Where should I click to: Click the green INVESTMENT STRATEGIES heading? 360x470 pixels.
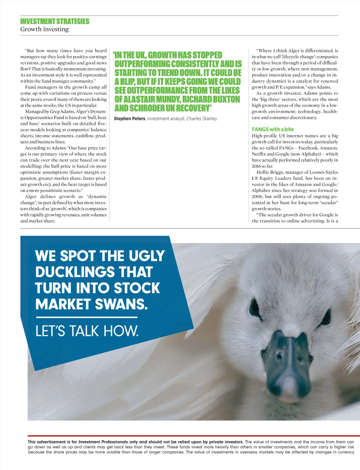pos(55,21)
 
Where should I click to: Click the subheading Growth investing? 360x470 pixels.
pos(44,29)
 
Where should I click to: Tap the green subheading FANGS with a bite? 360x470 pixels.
pos(273,129)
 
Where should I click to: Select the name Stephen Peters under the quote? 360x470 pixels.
pos(129,118)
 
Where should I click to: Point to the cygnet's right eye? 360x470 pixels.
pos(326,315)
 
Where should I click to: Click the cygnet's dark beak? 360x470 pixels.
pos(285,360)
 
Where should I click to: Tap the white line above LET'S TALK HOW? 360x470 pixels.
pos(86,317)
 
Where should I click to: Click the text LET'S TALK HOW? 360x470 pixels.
pos(87,331)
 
